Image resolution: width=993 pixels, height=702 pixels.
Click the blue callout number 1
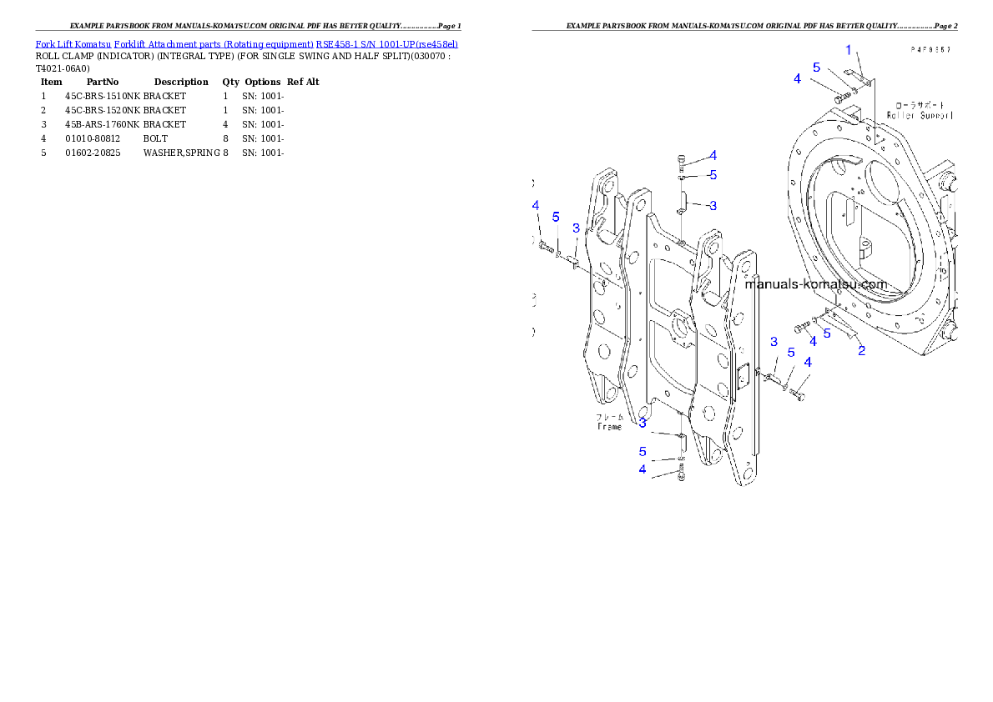coord(849,50)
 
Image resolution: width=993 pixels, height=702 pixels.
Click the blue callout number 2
coord(862,350)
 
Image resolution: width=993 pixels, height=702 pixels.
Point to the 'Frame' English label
coord(609,426)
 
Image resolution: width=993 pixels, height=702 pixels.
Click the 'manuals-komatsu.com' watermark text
coord(815,284)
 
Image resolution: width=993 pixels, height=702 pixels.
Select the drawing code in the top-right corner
coord(930,50)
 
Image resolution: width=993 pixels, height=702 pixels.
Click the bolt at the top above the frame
coord(682,161)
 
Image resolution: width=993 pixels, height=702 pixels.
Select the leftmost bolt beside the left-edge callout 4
coord(547,247)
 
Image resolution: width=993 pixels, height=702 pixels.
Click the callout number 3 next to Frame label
coord(643,423)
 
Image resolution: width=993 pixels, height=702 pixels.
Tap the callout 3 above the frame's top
coord(713,205)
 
